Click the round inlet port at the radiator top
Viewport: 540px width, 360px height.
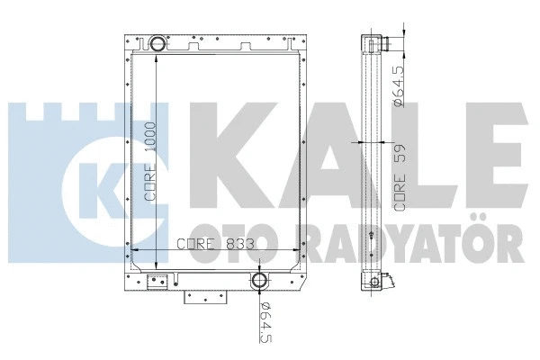[157, 42]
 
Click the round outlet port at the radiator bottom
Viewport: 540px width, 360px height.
[260, 280]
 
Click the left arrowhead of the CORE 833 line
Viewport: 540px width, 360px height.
[135, 252]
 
